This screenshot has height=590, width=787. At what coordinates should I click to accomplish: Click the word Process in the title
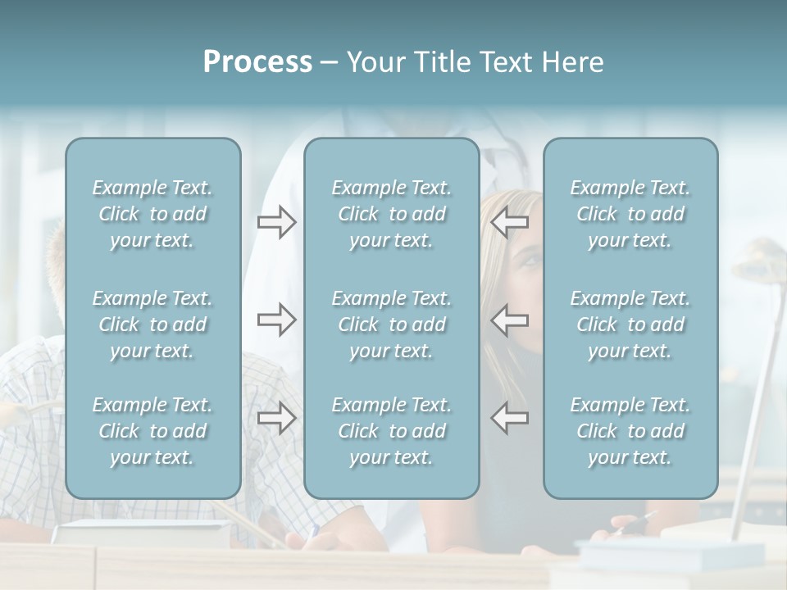(x=257, y=61)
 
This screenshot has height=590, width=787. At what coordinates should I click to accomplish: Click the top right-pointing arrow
(x=276, y=221)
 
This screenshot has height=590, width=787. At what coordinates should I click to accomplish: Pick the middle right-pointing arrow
(x=276, y=320)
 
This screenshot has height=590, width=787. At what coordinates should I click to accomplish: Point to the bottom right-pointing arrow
(x=276, y=418)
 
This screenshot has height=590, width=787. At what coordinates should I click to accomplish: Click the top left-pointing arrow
(x=509, y=221)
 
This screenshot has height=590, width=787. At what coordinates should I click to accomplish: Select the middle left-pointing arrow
(x=509, y=320)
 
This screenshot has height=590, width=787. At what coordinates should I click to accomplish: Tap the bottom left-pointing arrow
(x=509, y=418)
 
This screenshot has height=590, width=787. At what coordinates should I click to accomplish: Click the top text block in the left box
(x=152, y=214)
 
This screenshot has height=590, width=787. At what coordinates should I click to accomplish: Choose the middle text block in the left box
(x=152, y=324)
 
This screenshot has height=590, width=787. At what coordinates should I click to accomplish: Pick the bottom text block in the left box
(x=152, y=431)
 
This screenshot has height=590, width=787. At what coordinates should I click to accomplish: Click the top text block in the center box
(x=391, y=214)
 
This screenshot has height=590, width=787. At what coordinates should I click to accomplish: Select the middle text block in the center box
(x=391, y=324)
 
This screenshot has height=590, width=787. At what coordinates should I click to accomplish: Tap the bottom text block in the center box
(x=391, y=431)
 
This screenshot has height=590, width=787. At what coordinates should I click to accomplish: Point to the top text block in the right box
(x=630, y=214)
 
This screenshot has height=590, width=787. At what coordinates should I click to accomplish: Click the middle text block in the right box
(x=630, y=324)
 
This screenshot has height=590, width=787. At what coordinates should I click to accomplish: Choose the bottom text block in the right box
(x=630, y=431)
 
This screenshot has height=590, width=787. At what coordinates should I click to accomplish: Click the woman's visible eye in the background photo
(x=530, y=261)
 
